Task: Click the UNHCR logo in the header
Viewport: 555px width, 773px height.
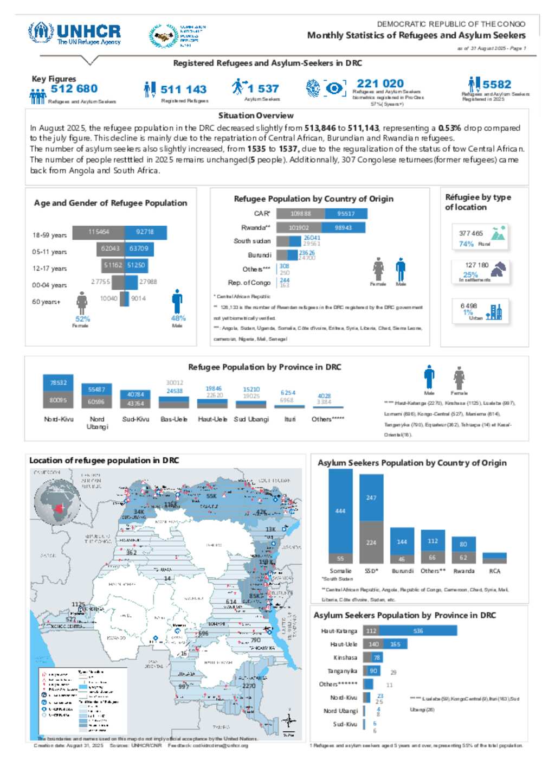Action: click(74, 34)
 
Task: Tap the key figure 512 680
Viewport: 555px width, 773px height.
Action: click(74, 88)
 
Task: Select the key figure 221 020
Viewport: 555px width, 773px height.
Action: click(380, 84)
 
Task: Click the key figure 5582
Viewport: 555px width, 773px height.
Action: click(496, 84)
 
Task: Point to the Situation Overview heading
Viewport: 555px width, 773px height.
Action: click(256, 116)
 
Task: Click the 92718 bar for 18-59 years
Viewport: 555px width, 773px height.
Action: click(145, 232)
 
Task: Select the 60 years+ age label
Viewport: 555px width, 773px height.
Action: click(46, 302)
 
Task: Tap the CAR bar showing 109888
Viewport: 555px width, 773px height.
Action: click(300, 214)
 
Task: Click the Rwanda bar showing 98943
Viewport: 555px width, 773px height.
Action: click(343, 228)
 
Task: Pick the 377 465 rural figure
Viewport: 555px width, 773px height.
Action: click(470, 233)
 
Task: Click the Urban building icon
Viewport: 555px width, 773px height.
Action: click(494, 312)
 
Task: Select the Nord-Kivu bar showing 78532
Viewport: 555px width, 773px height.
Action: click(58, 382)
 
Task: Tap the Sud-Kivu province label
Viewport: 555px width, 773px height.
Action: click(135, 419)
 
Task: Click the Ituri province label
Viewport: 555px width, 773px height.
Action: click(290, 419)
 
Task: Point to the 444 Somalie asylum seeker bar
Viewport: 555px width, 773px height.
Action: click(340, 510)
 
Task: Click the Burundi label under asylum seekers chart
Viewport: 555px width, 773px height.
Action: click(402, 571)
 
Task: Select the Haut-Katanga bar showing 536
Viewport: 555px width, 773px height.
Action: click(418, 631)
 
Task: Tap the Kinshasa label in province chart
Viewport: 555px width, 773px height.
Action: click(345, 657)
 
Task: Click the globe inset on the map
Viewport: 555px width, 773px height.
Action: click(56, 504)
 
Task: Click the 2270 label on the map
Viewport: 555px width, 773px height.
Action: click(249, 686)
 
